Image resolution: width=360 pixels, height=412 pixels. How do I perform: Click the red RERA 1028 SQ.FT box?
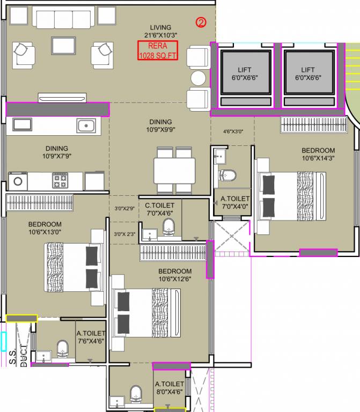[x=158, y=50]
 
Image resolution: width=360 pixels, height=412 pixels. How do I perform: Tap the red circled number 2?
[x=201, y=23]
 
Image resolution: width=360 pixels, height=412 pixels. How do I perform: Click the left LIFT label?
[x=244, y=74]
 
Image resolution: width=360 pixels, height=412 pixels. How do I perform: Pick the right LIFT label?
[x=308, y=74]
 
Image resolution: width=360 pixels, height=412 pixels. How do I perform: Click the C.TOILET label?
[x=159, y=209]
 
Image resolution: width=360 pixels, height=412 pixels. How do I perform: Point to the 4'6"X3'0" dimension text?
[x=233, y=131]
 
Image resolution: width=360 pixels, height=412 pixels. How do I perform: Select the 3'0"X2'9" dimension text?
[x=124, y=209]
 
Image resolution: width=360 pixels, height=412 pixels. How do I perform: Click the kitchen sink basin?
[x=86, y=126]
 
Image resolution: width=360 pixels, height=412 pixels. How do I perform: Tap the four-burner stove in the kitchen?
[x=60, y=180]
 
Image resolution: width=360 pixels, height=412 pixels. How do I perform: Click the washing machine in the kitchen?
[x=18, y=181]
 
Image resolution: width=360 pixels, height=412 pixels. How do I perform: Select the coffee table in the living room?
[x=63, y=46]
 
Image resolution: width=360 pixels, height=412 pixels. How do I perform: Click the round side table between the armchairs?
[x=198, y=78]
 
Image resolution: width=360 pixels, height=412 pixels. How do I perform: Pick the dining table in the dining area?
[x=174, y=171]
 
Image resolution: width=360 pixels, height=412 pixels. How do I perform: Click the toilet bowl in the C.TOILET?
[x=168, y=227]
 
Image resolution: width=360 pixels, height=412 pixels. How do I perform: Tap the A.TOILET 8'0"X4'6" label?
[x=170, y=388]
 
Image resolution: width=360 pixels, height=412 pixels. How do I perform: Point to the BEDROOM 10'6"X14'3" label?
[x=318, y=154]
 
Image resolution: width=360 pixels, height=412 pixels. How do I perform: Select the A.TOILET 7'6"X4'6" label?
[x=91, y=337]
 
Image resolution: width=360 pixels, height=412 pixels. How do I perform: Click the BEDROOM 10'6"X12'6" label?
[x=175, y=275]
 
